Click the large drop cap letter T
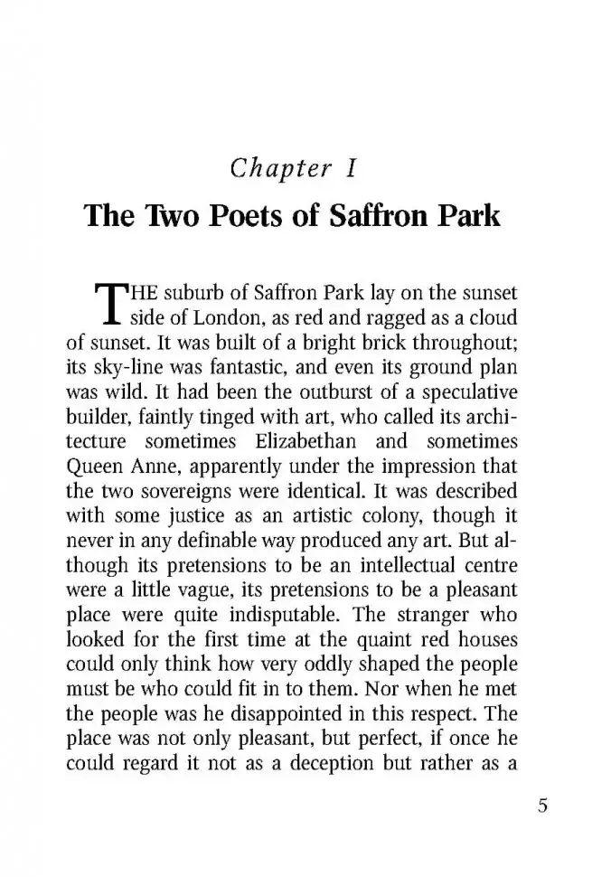tap(107, 303)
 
